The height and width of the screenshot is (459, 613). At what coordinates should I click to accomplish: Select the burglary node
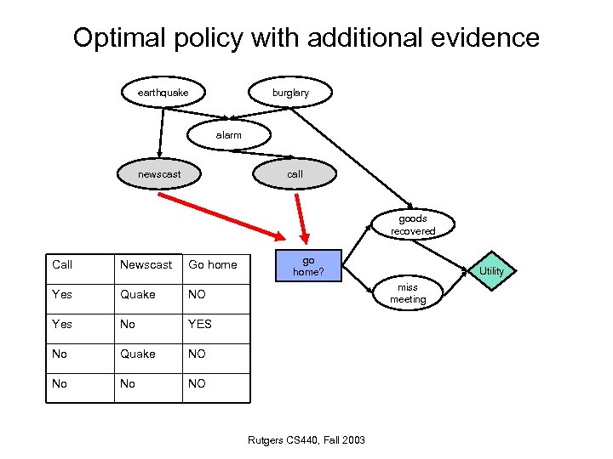290,93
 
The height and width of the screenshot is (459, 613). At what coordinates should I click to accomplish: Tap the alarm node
228,135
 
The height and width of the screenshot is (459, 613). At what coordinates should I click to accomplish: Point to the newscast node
159,174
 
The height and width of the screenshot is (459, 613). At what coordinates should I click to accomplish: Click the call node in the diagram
295,174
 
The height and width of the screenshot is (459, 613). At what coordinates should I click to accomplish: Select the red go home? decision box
308,266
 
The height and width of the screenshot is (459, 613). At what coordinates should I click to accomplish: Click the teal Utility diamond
492,271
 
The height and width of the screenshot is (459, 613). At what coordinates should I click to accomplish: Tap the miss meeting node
408,294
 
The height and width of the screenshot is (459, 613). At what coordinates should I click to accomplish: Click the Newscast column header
146,265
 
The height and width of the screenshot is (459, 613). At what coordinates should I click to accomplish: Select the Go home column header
213,265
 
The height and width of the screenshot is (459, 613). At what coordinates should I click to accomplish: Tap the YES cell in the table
200,324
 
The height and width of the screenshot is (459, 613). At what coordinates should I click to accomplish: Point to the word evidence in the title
488,38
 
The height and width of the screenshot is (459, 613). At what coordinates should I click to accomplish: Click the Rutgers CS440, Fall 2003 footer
306,439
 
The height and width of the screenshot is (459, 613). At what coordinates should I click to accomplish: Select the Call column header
62,265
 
